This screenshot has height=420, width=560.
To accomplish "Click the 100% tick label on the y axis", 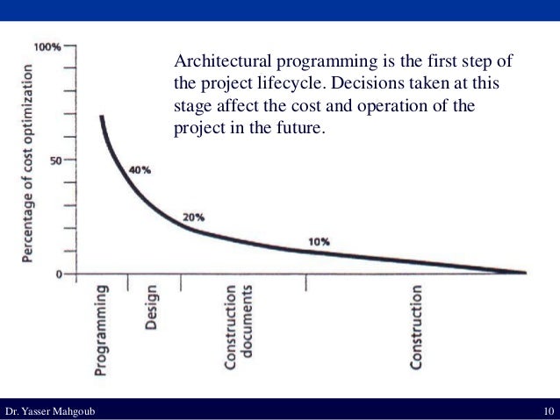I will [47, 46].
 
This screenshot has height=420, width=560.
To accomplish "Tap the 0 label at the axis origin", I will [60, 274].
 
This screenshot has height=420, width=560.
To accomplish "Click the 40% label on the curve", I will [139, 170].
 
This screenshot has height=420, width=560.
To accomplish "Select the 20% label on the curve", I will [193, 217].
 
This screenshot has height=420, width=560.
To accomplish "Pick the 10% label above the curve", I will [319, 241].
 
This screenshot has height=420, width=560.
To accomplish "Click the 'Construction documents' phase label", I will [239, 327].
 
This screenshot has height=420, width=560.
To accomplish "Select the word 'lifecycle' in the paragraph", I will [276, 85].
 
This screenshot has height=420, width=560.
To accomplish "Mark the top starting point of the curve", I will [102, 117].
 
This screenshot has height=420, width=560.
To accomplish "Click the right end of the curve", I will [524, 273].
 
